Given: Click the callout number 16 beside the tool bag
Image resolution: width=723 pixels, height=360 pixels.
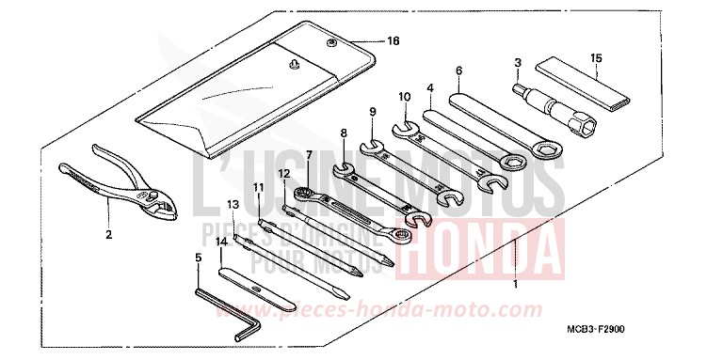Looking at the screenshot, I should click(394, 42).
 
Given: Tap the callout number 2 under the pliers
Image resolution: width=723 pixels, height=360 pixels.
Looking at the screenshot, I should click(108, 235).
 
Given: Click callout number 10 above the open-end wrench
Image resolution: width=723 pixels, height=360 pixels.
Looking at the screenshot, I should click(403, 97).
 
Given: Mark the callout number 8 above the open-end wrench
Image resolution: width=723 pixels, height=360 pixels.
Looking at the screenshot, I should click(344, 133).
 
